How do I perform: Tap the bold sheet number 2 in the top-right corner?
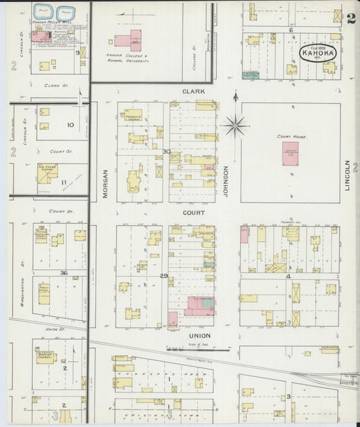351,18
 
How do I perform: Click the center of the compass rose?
235,125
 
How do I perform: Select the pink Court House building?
290,153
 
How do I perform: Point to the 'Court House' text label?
291,136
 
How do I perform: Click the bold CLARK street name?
192,91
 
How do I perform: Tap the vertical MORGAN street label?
105,184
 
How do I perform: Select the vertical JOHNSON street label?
226,180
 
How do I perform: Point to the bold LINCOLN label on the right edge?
349,175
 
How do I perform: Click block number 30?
166,151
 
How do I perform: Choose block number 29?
164,276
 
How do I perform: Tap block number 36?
63,272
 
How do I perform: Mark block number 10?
70,125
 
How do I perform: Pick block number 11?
64,182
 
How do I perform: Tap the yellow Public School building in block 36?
43,293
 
